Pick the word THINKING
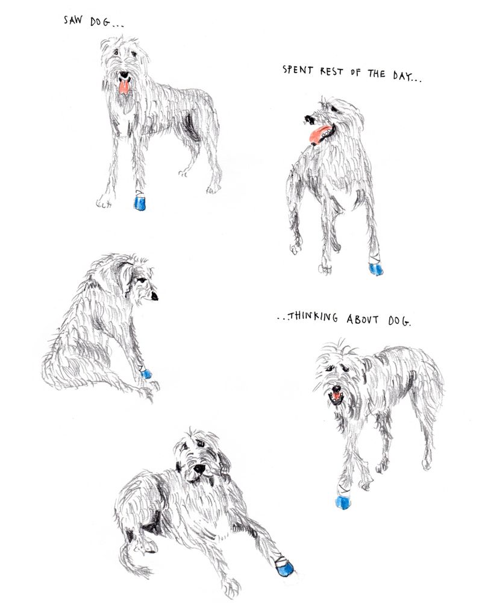(x=313, y=317)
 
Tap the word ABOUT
(x=362, y=319)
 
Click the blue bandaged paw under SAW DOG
(x=140, y=203)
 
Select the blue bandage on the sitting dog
(x=146, y=374)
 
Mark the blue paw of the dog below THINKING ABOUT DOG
(x=343, y=502)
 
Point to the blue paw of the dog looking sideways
(x=376, y=269)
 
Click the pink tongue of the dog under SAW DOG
(x=124, y=88)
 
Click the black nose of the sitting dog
(x=154, y=296)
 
